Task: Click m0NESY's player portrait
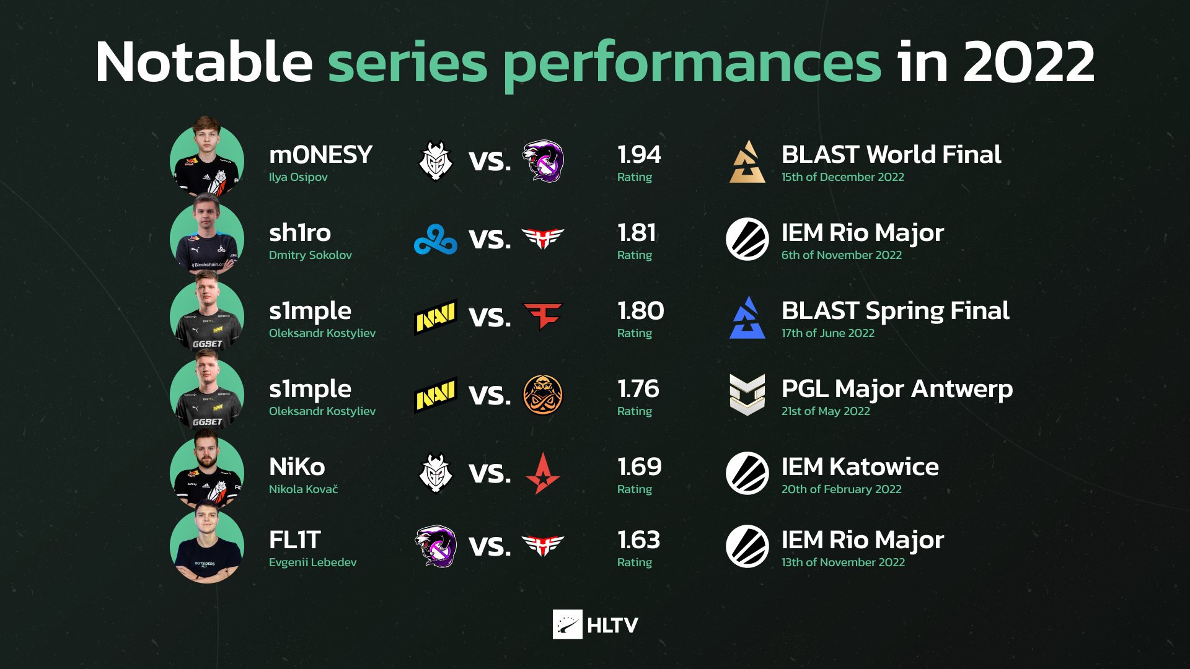click(207, 157)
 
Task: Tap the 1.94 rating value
click(639, 155)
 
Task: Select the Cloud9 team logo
click(436, 239)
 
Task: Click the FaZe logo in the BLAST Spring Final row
click(543, 316)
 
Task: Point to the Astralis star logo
click(543, 473)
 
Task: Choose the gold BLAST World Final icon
click(747, 162)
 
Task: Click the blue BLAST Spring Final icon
click(747, 317)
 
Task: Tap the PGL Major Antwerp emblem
click(747, 395)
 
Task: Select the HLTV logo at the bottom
click(596, 624)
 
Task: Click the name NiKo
click(297, 467)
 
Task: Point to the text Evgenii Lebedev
click(312, 562)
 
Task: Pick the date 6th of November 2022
click(842, 255)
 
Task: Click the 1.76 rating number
click(638, 389)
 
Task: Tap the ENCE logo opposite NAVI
click(543, 395)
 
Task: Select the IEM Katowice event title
click(860, 467)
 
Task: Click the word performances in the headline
click(692, 62)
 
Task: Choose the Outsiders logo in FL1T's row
click(436, 546)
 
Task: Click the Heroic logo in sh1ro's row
click(543, 238)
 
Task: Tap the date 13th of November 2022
click(843, 562)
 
